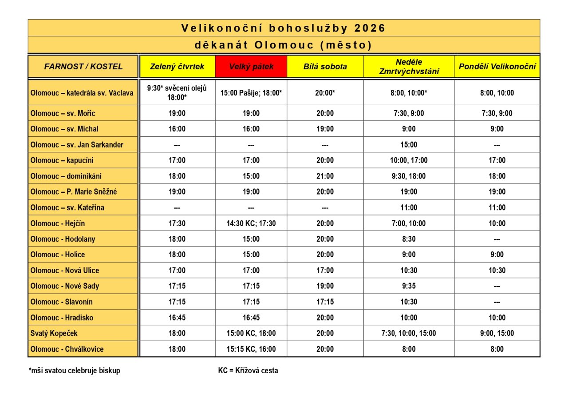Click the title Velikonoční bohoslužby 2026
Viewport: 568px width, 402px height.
pyautogui.click(x=284, y=28)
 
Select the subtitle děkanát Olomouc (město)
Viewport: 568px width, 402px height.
pyautogui.click(x=284, y=45)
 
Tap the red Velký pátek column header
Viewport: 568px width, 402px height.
pyautogui.click(x=251, y=67)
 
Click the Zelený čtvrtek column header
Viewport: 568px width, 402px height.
pyautogui.click(x=177, y=67)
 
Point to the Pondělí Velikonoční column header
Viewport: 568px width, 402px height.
pyautogui.click(x=497, y=67)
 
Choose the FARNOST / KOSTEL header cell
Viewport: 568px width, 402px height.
pyautogui.click(x=83, y=67)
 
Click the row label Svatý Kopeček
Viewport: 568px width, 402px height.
pyautogui.click(x=54, y=333)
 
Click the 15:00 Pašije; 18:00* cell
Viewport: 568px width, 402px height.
pyautogui.click(x=251, y=93)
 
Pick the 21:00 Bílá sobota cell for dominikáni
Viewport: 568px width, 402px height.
pyautogui.click(x=325, y=176)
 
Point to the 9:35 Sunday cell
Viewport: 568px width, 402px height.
pyautogui.click(x=409, y=286)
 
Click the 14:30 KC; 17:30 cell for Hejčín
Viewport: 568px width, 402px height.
pyautogui.click(x=251, y=223)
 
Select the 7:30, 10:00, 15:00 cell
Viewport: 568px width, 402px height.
pyautogui.click(x=409, y=333)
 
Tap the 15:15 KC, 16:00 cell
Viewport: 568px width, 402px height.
pyautogui.click(x=251, y=349)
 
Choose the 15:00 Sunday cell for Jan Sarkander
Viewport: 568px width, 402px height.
pyautogui.click(x=409, y=145)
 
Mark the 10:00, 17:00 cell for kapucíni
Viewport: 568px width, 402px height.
pyautogui.click(x=409, y=160)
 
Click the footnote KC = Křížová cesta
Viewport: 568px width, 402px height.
pyautogui.click(x=245, y=370)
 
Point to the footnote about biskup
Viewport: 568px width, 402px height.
pyautogui.click(x=75, y=370)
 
